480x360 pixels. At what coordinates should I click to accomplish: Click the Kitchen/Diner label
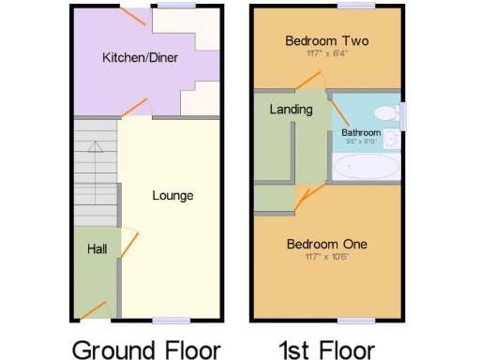tap(140, 58)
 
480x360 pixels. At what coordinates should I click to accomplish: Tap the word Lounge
tap(172, 196)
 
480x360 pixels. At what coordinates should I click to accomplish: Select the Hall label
tap(97, 249)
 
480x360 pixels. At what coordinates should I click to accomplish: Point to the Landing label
tap(291, 110)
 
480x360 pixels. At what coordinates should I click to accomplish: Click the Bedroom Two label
tap(326, 41)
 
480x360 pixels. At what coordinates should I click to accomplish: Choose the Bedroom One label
tap(326, 245)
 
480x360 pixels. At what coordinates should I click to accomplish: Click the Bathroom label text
tap(361, 133)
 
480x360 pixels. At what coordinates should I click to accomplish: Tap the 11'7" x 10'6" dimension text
tap(326, 257)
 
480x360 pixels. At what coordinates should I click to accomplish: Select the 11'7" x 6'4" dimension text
tap(326, 53)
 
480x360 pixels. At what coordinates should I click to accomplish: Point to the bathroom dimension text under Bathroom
tap(361, 142)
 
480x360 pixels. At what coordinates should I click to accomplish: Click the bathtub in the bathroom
tap(367, 168)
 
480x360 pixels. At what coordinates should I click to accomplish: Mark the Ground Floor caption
tap(146, 349)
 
